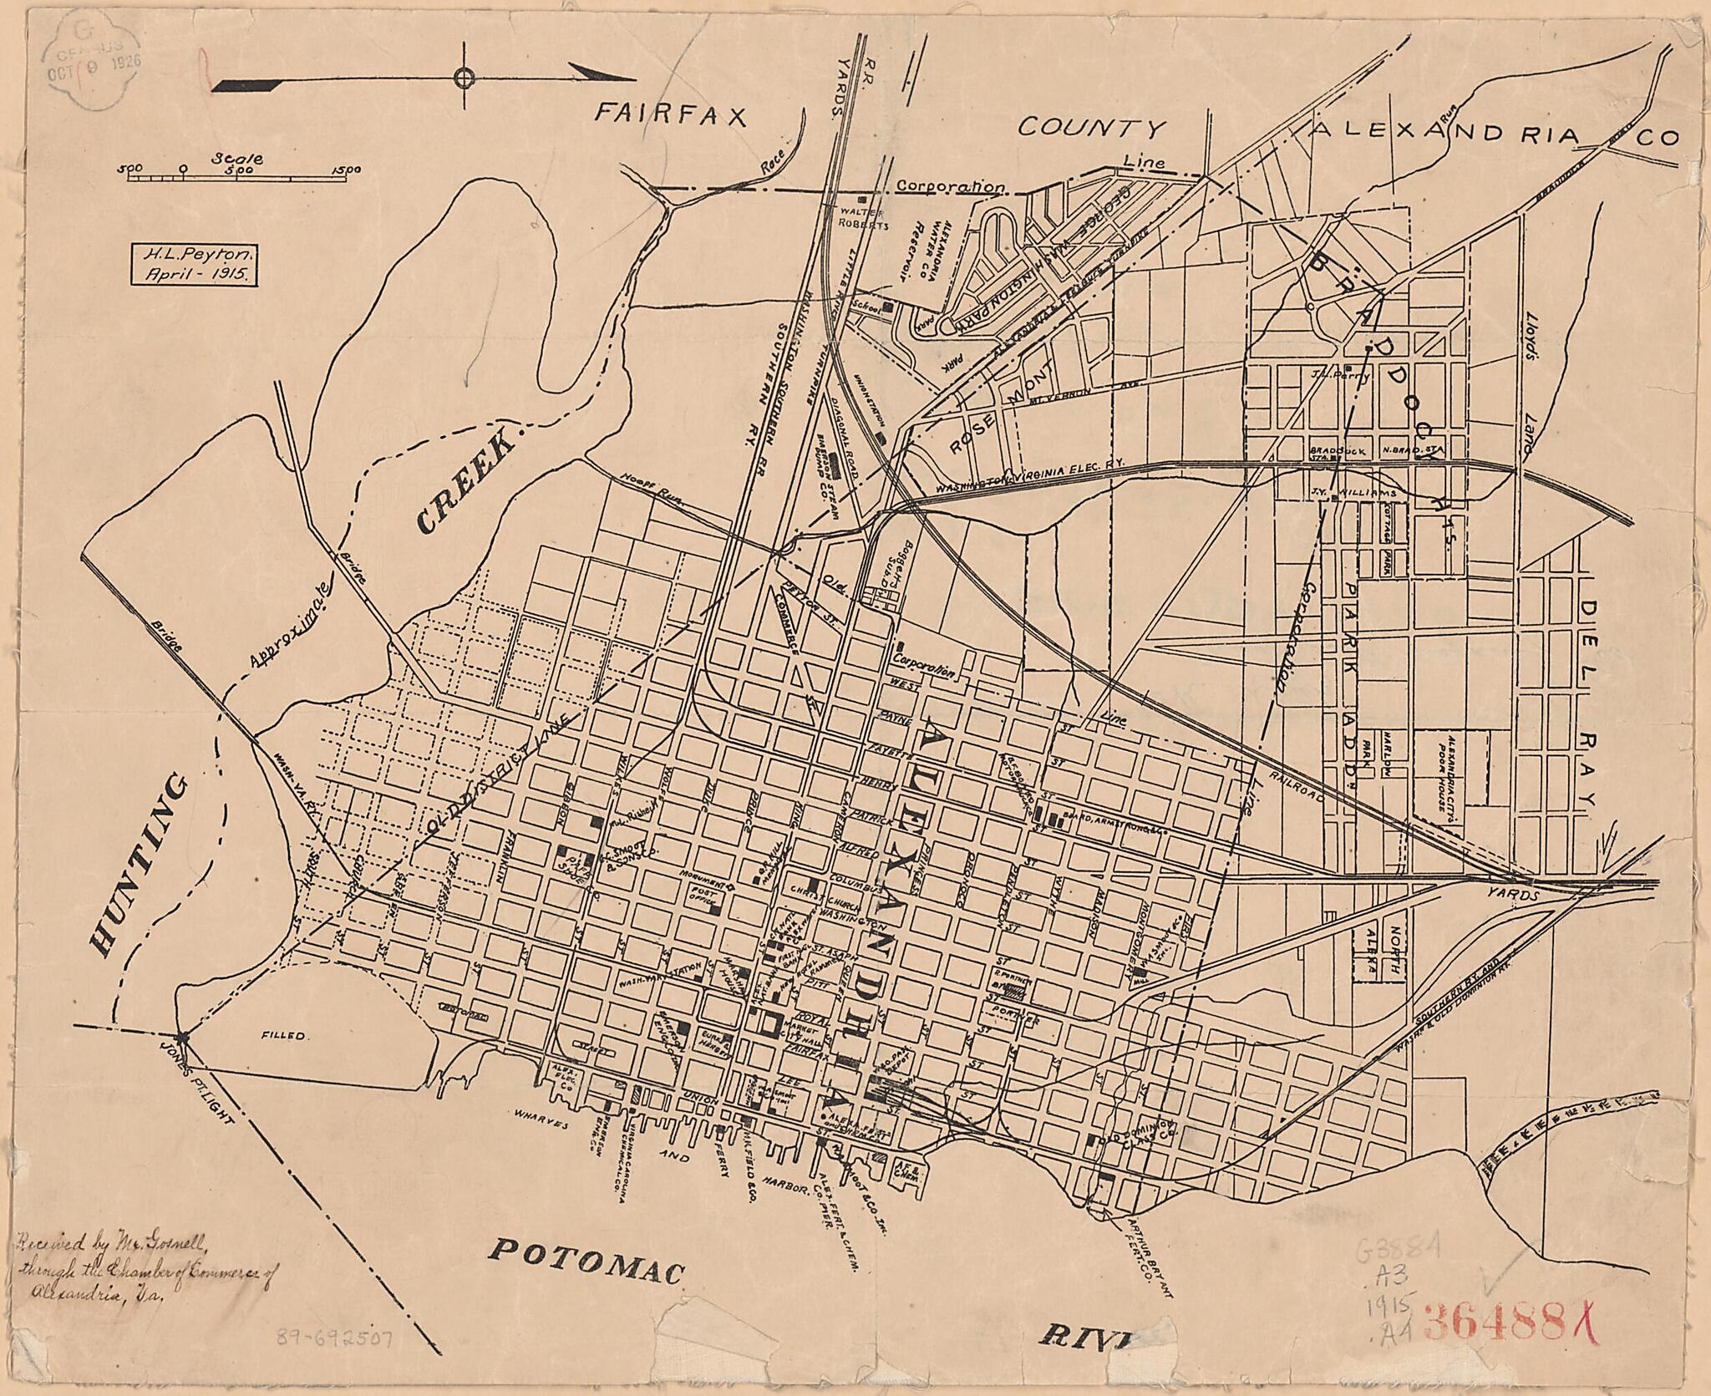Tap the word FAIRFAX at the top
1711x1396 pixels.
[x=669, y=116]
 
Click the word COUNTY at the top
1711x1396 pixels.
[x=1090, y=128]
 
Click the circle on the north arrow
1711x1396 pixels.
[x=464, y=78]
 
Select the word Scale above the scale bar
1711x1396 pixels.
[x=238, y=158]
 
